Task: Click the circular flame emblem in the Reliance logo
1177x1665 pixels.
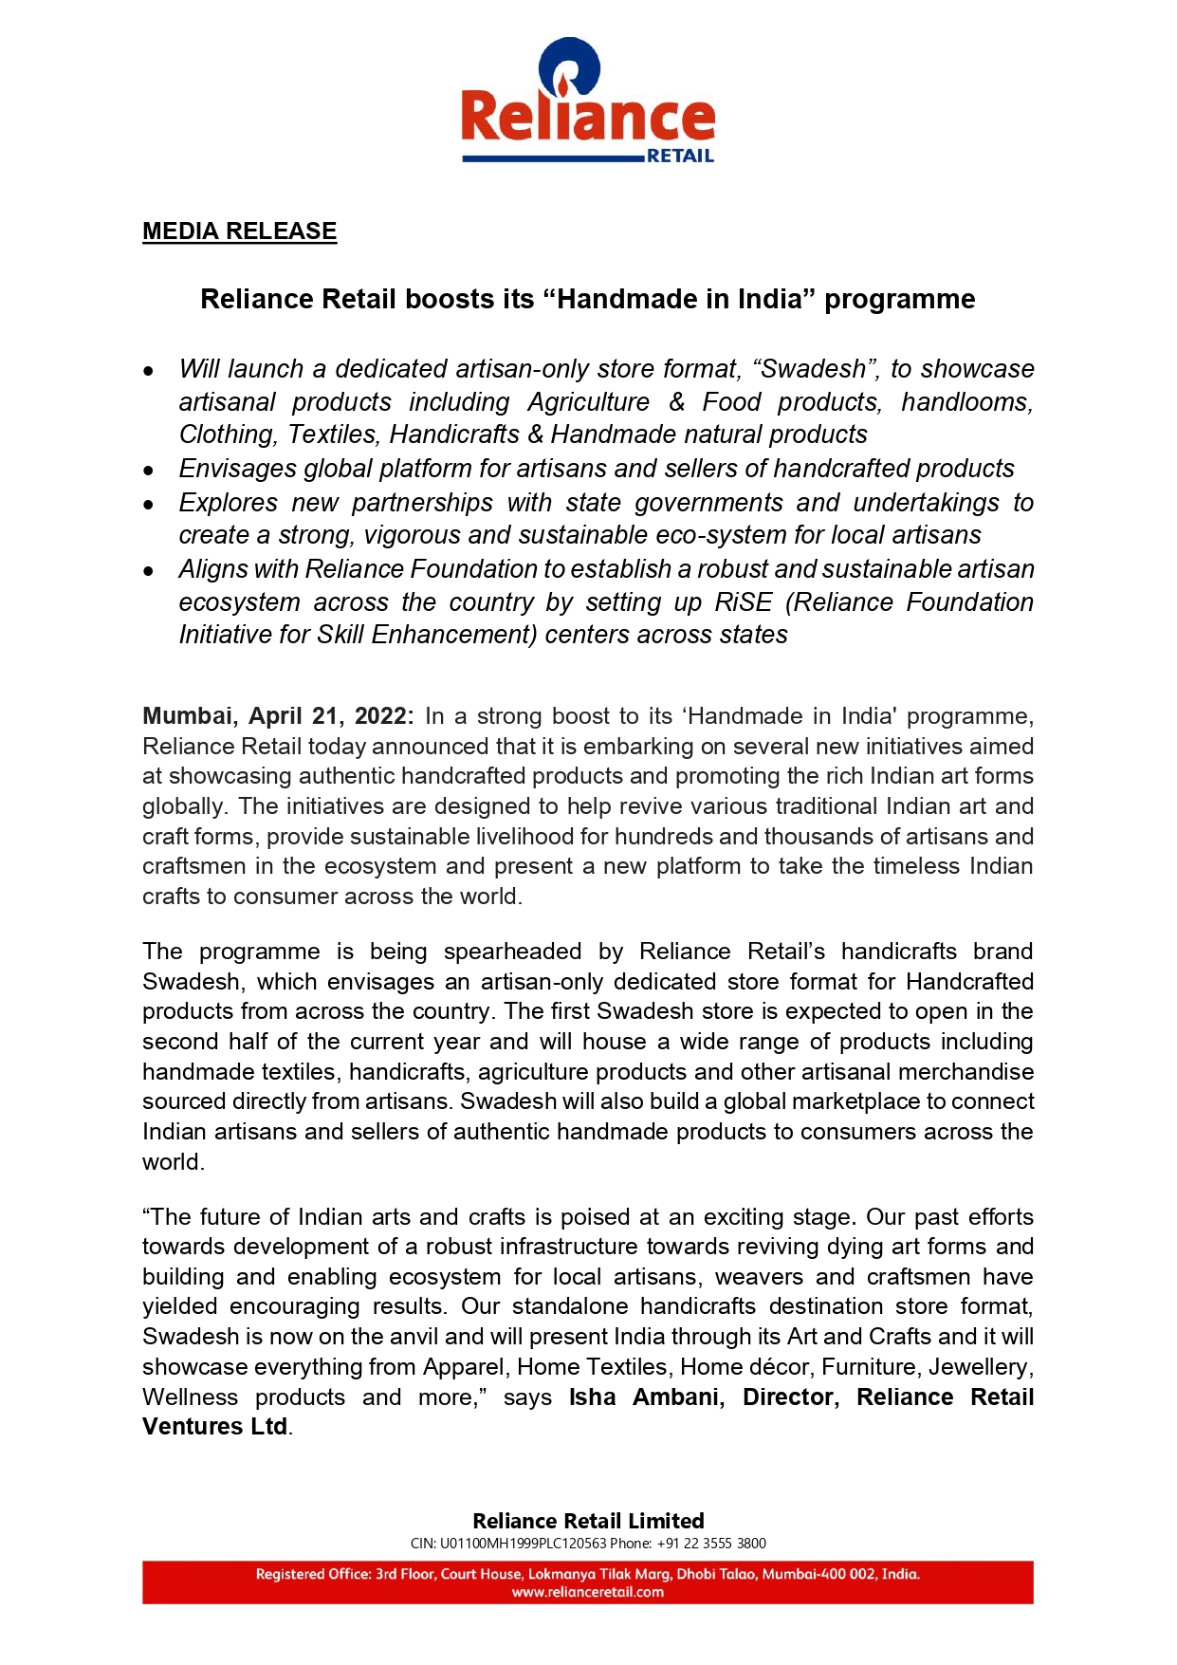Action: pyautogui.click(x=569, y=67)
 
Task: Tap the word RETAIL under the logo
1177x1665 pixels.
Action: pyautogui.click(x=680, y=157)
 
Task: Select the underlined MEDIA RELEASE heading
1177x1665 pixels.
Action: pyautogui.click(x=239, y=231)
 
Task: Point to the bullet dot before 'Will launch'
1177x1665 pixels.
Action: pyautogui.click(x=149, y=371)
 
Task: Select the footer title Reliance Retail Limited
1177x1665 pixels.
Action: pyautogui.click(x=588, y=1521)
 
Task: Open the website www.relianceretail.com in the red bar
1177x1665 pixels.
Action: pyautogui.click(x=588, y=1592)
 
